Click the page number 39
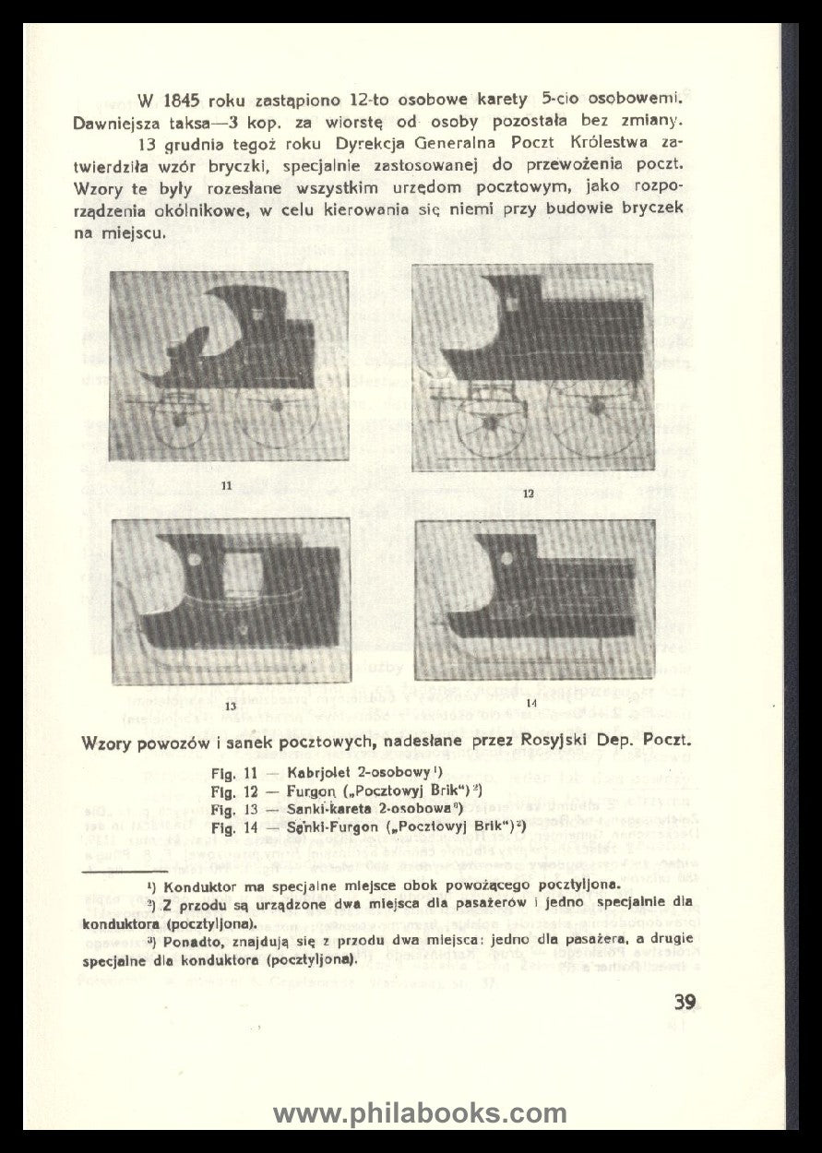[685, 1001]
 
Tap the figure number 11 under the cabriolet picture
[227, 485]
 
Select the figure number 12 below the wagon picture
[529, 493]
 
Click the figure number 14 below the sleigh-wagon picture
[530, 704]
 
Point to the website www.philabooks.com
[420, 1113]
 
